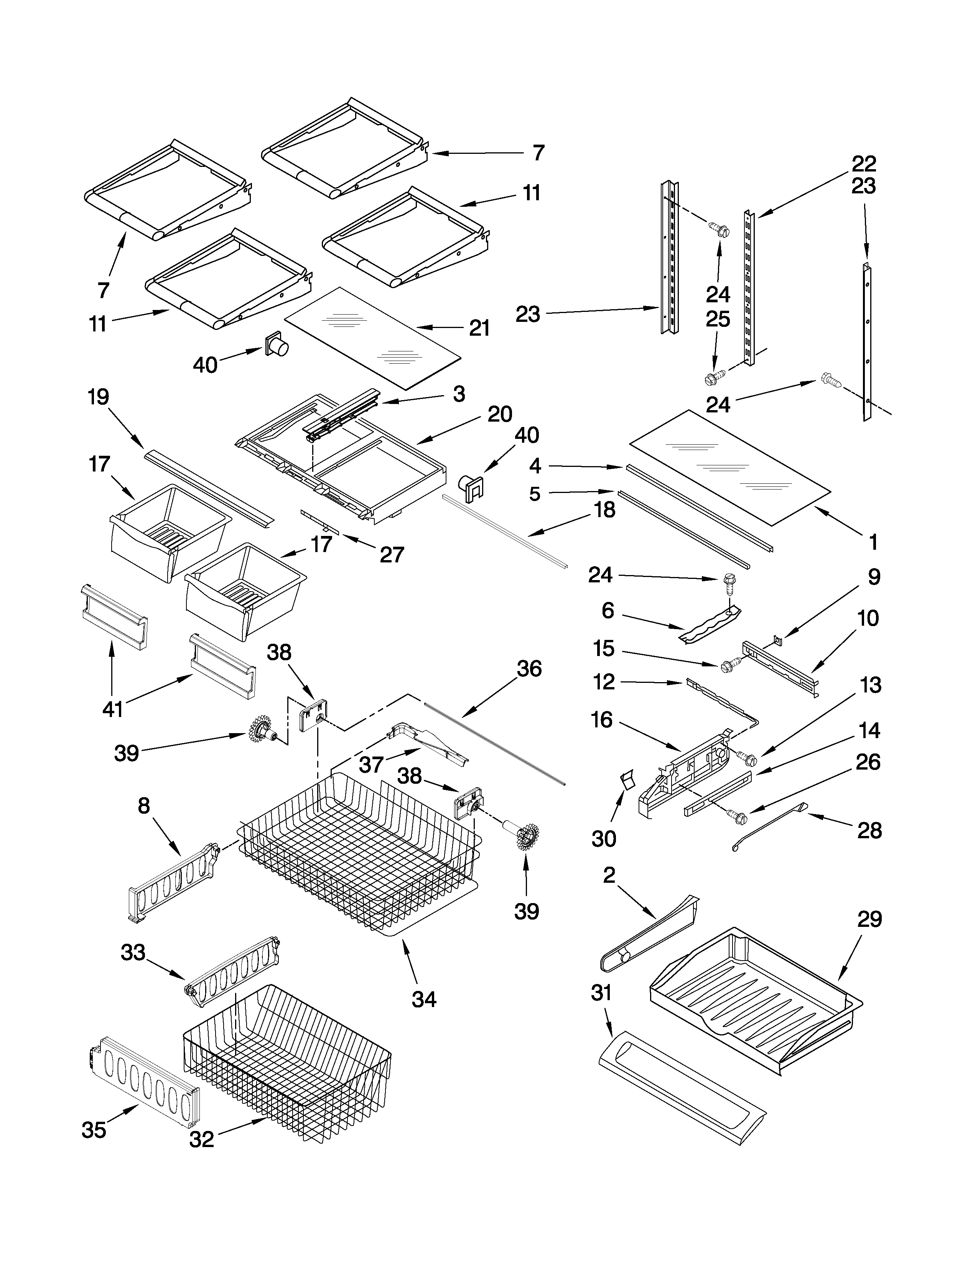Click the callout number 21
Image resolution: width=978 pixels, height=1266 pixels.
479,329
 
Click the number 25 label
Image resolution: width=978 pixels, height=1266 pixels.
718,320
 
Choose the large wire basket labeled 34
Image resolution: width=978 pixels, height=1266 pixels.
359,852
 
